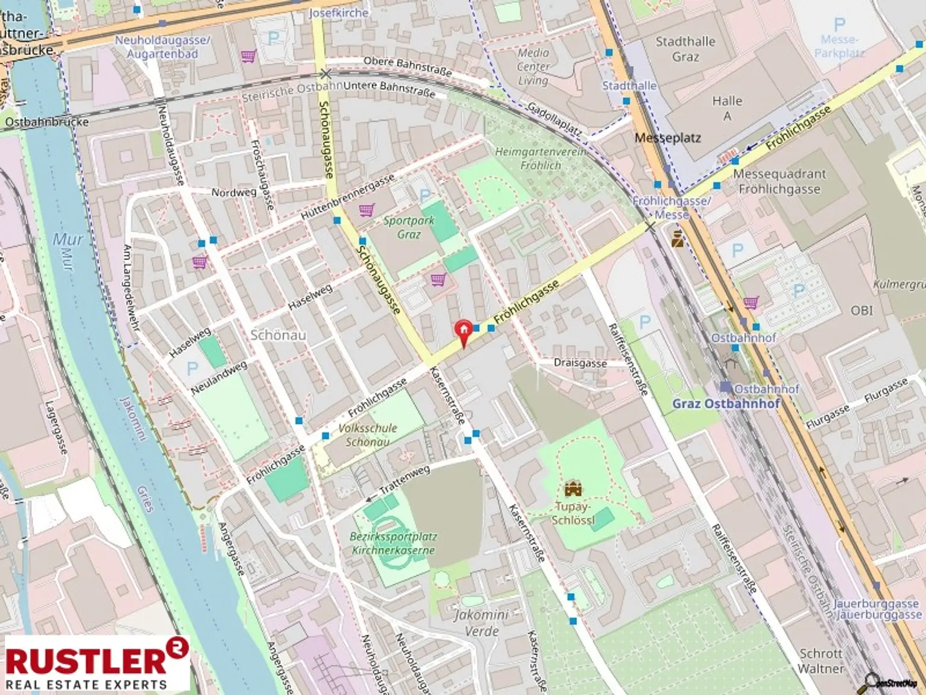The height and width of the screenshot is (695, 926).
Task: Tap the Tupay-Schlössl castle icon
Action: [x=571, y=487]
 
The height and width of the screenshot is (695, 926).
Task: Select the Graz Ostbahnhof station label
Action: [x=726, y=404]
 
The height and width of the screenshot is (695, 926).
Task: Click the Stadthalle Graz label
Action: [x=685, y=49]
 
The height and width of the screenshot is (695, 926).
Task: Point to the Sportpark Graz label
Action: [x=409, y=227]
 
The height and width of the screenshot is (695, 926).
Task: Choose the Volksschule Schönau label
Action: [x=367, y=435]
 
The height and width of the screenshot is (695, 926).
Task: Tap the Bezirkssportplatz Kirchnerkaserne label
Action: [x=394, y=543]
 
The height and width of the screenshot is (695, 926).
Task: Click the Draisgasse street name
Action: [x=580, y=363]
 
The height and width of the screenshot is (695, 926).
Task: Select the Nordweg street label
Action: [x=234, y=192]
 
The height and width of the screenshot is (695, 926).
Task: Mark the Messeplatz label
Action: [x=667, y=138]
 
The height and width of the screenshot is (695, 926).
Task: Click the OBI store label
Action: [x=861, y=310]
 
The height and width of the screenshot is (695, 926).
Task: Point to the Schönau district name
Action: [x=278, y=335]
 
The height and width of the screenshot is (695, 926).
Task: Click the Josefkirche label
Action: [x=338, y=12]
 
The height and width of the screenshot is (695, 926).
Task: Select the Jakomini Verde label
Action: [x=481, y=623]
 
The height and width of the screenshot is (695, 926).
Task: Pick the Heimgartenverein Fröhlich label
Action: [x=540, y=158]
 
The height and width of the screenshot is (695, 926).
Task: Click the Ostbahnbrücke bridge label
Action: [x=46, y=122]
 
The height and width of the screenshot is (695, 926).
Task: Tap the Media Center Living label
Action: [x=533, y=66]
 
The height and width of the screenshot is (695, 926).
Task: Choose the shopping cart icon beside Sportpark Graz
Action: [x=366, y=210]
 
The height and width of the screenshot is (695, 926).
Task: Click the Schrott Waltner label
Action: [x=820, y=661]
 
